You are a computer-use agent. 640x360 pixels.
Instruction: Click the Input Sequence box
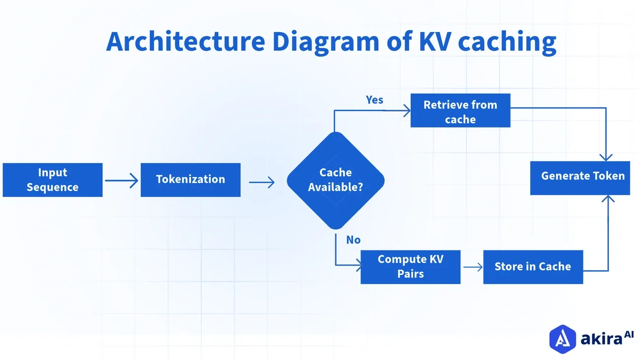click(x=53, y=180)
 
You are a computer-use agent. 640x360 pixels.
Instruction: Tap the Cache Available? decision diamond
click(x=335, y=180)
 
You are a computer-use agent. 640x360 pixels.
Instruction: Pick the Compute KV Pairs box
click(x=410, y=267)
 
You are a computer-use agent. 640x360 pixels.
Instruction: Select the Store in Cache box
click(x=533, y=267)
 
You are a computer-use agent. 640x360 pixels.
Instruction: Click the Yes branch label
click(x=374, y=100)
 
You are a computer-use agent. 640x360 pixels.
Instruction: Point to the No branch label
click(x=353, y=240)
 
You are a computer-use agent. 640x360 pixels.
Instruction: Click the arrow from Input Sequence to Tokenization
click(x=122, y=181)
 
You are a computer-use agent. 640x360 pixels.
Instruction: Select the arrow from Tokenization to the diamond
click(x=262, y=182)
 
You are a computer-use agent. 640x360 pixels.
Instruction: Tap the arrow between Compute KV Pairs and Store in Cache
click(x=473, y=267)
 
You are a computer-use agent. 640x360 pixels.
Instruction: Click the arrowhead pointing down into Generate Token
click(x=606, y=157)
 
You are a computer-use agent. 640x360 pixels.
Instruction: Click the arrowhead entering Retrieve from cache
click(x=406, y=111)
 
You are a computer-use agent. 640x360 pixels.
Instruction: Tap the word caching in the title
click(x=507, y=42)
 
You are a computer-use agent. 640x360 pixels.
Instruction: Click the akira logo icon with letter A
click(x=563, y=339)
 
